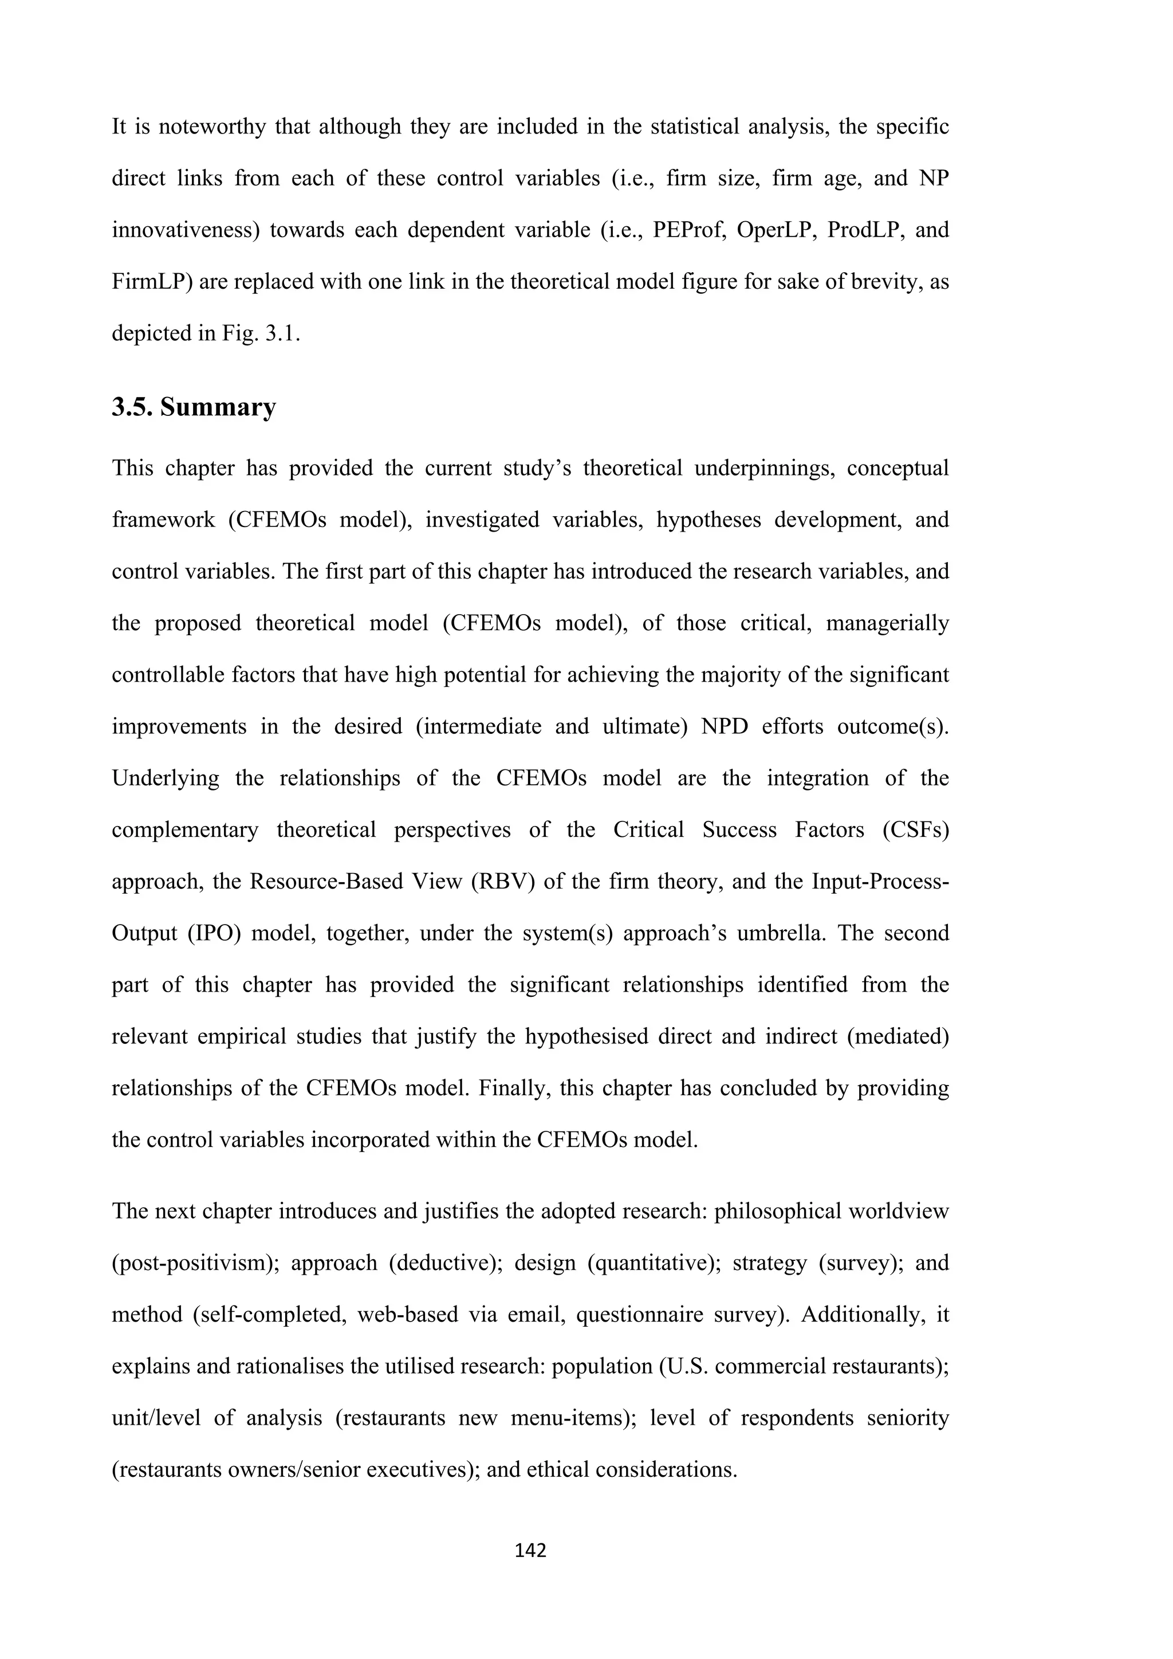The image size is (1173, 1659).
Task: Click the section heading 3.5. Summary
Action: pos(194,407)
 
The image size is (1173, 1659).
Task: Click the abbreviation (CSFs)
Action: pos(915,830)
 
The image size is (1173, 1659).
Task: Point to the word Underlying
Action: pos(166,778)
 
